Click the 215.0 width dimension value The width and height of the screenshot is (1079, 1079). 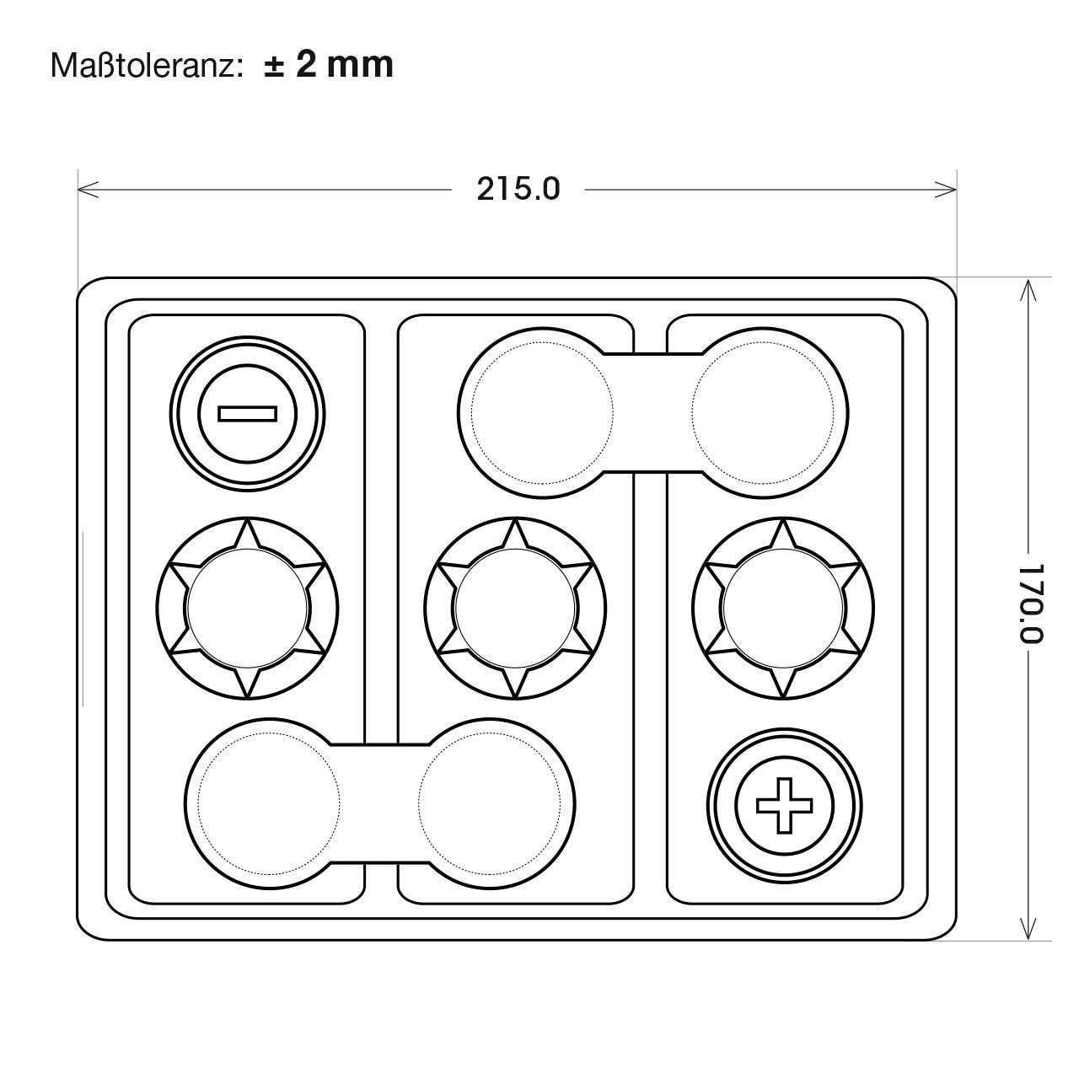(518, 190)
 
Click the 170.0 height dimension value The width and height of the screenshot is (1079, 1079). (1030, 604)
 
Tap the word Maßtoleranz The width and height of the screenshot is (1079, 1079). (148, 66)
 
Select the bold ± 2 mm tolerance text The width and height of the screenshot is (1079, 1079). (330, 65)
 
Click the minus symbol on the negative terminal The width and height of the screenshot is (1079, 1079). (248, 414)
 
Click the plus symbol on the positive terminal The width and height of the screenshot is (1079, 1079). (785, 805)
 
